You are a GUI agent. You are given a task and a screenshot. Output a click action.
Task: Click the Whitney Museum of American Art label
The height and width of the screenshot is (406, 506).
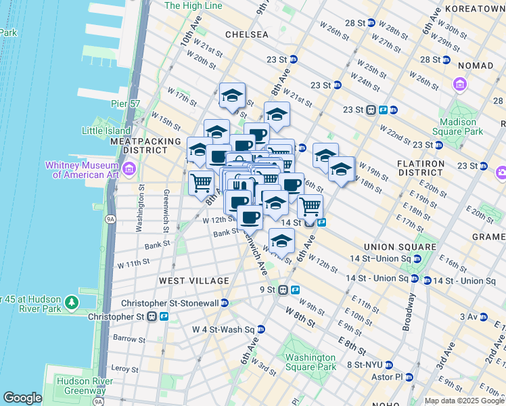[82, 169]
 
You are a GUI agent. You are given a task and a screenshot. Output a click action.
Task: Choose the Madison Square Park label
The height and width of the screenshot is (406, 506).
[461, 127]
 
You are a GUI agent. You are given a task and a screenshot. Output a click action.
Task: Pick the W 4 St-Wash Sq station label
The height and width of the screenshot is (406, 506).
[223, 330]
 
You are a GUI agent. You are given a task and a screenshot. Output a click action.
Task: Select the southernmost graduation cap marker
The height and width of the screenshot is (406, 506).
[281, 240]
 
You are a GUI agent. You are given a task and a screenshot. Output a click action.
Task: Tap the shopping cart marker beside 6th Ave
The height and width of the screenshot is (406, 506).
[310, 206]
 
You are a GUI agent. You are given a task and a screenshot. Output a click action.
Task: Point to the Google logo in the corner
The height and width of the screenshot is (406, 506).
[23, 398]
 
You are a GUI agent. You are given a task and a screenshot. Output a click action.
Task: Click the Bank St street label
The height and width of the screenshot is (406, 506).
[161, 244]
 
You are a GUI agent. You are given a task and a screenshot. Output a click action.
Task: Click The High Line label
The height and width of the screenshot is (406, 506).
[193, 5]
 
